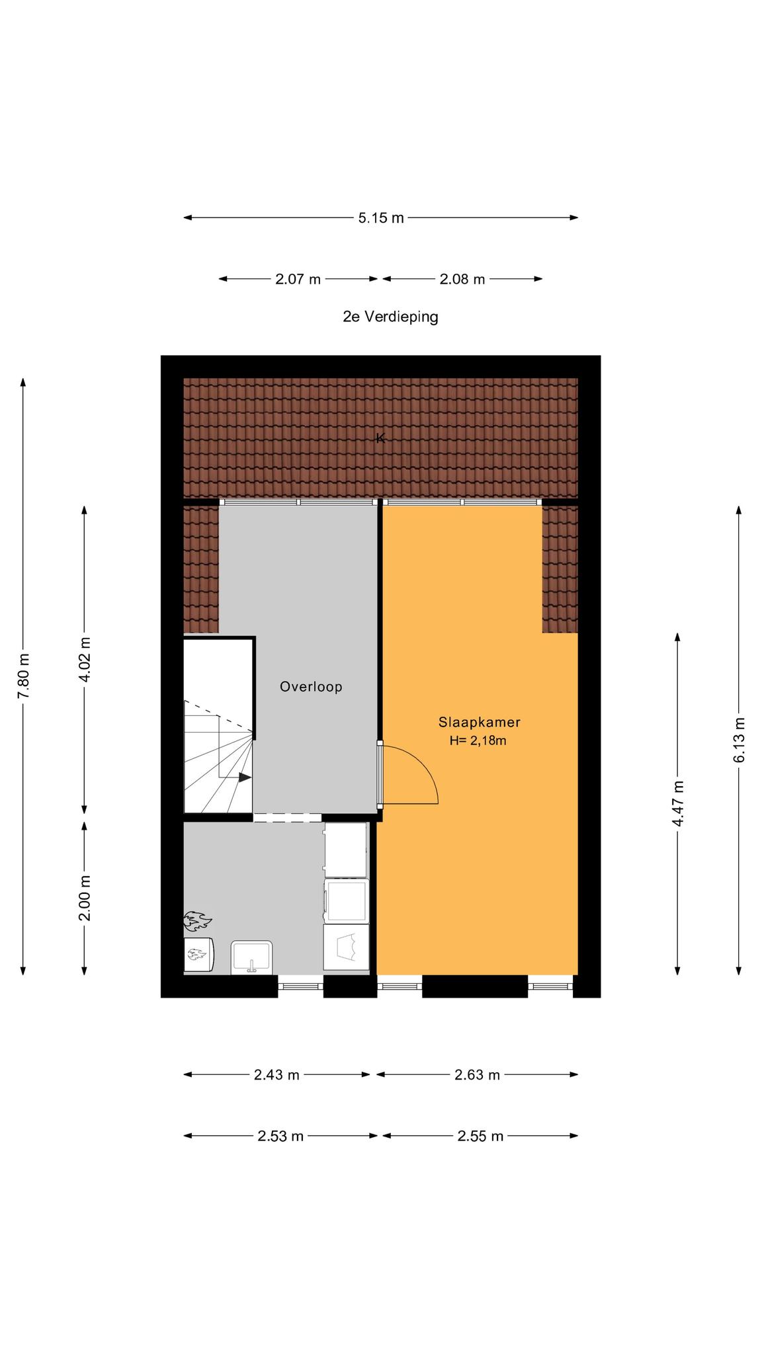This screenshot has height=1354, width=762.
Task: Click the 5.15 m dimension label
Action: pyautogui.click(x=381, y=218)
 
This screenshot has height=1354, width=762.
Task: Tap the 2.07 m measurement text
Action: pyautogui.click(x=298, y=279)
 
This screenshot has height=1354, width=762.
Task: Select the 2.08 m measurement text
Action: pyautogui.click(x=462, y=279)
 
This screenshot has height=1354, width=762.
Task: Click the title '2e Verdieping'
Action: pyautogui.click(x=390, y=317)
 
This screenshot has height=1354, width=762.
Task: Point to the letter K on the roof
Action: pyautogui.click(x=380, y=438)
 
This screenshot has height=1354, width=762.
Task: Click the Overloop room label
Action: pyautogui.click(x=311, y=687)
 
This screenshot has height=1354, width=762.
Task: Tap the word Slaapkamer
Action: pyautogui.click(x=479, y=723)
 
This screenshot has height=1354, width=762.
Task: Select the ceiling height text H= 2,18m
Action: pyautogui.click(x=478, y=741)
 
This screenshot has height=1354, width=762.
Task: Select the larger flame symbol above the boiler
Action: pyautogui.click(x=197, y=920)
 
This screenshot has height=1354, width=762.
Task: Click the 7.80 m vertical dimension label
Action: pyautogui.click(x=24, y=676)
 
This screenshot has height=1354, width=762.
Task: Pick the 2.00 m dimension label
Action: pyautogui.click(x=85, y=898)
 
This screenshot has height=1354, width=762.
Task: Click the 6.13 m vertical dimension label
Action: pyautogui.click(x=739, y=740)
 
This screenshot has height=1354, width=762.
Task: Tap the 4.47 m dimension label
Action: pyautogui.click(x=678, y=803)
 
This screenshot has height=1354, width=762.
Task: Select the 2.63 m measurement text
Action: pyautogui.click(x=477, y=1075)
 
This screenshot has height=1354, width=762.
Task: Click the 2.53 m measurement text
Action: pyautogui.click(x=280, y=1136)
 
